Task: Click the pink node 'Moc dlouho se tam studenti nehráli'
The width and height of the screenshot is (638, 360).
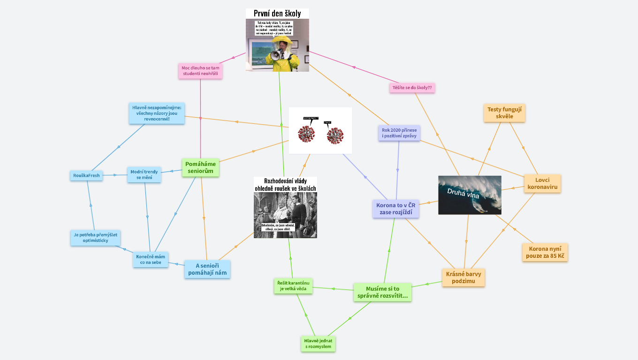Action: coord(200,71)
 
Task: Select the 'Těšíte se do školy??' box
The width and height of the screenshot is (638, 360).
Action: coord(412,88)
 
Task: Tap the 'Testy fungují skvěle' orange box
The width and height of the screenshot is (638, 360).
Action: coord(504,112)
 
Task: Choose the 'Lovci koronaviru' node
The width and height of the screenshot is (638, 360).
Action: coord(542,183)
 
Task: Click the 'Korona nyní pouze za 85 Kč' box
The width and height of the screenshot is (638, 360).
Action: coord(545,252)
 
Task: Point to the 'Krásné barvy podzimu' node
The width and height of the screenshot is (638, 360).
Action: coord(463,277)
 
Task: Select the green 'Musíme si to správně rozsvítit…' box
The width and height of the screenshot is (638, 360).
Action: coord(382,292)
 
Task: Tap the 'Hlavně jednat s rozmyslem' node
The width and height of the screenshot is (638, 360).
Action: coord(318,344)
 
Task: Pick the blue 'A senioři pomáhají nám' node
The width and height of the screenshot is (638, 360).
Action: coord(207,269)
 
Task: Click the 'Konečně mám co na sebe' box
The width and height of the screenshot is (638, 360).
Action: coord(151,260)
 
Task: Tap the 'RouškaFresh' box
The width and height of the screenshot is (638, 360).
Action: coord(86,176)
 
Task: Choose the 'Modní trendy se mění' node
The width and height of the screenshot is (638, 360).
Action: coord(144,175)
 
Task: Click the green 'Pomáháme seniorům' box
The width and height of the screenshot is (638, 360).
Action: coord(200,167)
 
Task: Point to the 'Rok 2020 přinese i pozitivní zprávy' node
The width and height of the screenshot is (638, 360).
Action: coord(399,133)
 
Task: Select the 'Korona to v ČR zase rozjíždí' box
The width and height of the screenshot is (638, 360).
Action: coord(395,209)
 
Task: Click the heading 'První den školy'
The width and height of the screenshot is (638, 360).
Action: coord(277,14)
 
